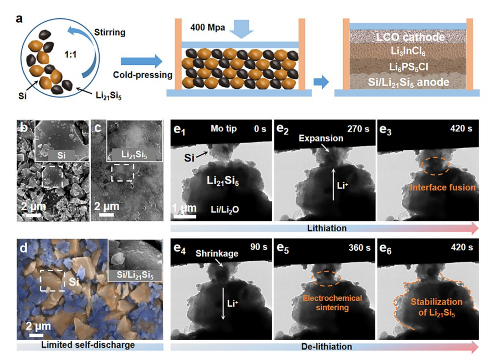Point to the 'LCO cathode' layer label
(x=410, y=37)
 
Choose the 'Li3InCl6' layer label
(x=410, y=52)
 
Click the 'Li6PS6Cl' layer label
(x=410, y=67)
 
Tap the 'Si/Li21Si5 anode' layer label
(x=410, y=82)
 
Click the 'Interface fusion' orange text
(x=443, y=187)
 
